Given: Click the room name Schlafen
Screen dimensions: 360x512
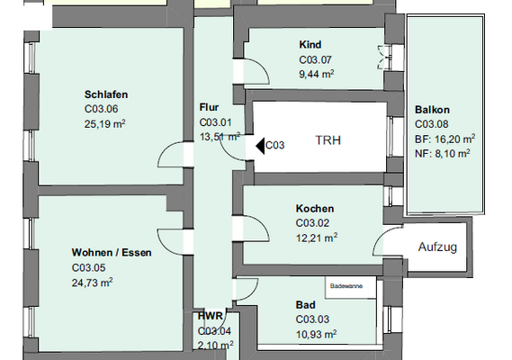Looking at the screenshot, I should (105, 94).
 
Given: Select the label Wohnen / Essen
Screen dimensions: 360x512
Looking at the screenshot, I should (112, 253).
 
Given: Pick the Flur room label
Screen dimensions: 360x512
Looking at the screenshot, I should (209, 107).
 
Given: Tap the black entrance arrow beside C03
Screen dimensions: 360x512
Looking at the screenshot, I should (261, 144).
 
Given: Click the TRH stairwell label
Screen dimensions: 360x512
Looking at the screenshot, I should (328, 140).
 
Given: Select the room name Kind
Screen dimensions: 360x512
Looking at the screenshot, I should (310, 45).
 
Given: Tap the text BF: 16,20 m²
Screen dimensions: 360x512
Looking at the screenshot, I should (445, 139).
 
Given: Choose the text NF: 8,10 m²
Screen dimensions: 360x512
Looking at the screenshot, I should (441, 154).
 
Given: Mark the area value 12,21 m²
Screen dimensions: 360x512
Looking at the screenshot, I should (316, 237).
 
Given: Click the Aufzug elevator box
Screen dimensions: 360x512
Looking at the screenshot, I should (438, 247).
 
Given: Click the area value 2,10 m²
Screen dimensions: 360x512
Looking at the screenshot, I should (216, 345).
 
